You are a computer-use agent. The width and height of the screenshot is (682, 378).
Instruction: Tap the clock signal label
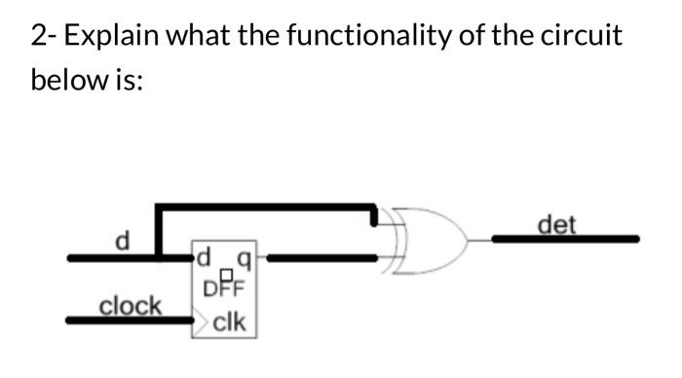click(x=131, y=305)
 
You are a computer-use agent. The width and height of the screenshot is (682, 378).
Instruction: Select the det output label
click(x=556, y=225)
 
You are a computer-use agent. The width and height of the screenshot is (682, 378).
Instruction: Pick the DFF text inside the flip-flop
click(x=225, y=287)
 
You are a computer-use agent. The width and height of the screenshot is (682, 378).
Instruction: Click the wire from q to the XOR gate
click(x=322, y=258)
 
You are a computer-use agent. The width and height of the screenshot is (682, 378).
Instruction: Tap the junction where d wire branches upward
click(x=160, y=258)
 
